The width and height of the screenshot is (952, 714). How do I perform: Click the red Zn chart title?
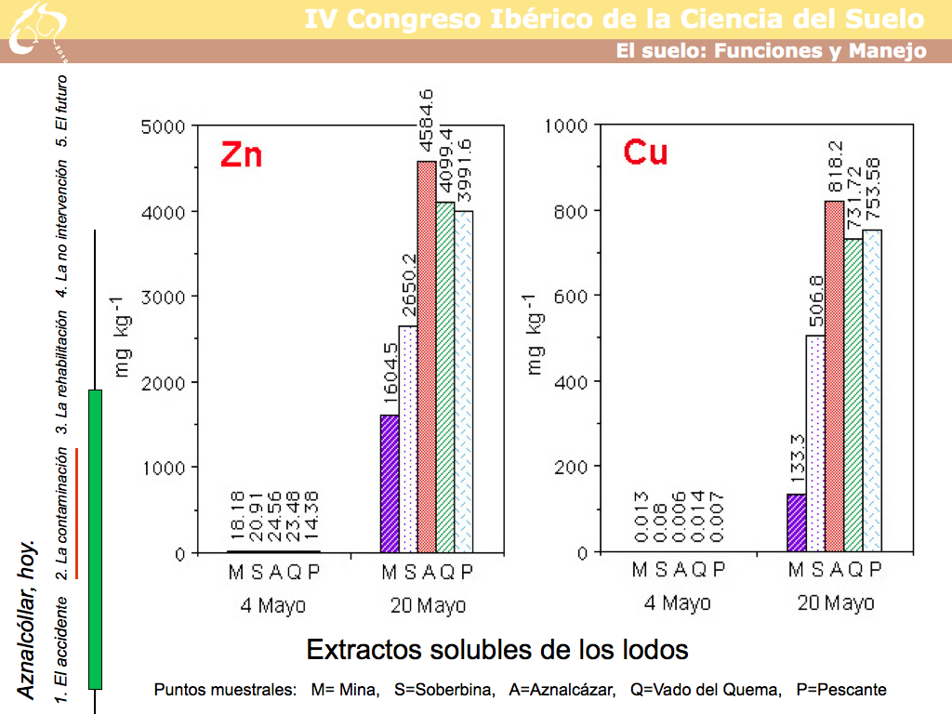click(241, 154)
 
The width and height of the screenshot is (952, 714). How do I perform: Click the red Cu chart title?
click(645, 152)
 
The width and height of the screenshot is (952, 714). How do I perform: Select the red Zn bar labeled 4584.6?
click(427, 357)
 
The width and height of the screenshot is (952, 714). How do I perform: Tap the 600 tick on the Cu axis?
click(570, 297)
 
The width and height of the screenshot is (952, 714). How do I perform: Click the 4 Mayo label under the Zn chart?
click(272, 606)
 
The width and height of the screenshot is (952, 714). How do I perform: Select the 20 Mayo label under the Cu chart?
click(836, 603)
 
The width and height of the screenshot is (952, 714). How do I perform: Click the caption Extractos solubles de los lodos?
click(497, 649)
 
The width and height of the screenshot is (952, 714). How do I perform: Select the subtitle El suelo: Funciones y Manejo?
click(771, 51)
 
